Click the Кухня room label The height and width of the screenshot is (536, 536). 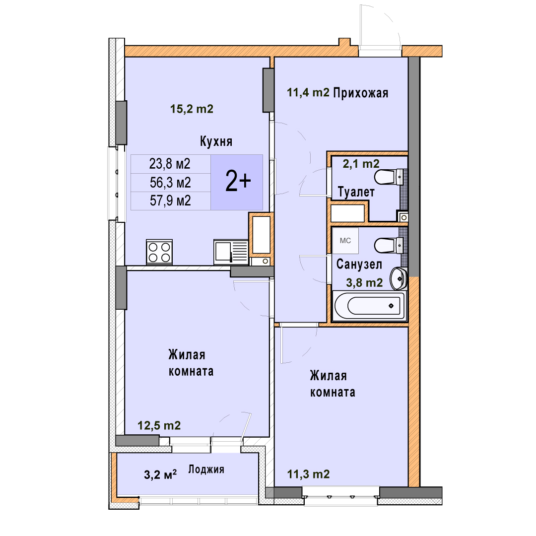pos(216,141)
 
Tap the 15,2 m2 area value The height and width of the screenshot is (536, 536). pos(192,109)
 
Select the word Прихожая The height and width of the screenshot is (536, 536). pos(361,93)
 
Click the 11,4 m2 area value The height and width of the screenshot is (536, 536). pos(308,92)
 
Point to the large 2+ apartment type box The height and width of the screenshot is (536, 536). pos(237,182)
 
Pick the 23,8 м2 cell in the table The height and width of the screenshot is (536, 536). pos(170,164)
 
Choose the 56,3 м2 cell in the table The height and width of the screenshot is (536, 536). pos(170,183)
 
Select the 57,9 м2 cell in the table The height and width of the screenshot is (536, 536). pos(170,201)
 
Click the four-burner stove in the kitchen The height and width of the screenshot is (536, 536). pos(159,252)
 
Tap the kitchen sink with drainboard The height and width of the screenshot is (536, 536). pos(231,252)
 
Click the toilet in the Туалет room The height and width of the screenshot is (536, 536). pos(389,177)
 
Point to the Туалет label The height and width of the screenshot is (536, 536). pos(356,192)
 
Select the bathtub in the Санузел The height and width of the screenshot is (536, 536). pos(369,306)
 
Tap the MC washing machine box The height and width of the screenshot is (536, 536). pos(345,241)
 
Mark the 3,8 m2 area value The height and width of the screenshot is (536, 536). pos(364,283)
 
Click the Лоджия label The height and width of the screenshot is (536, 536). pos(206,469)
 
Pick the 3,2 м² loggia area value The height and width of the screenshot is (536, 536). pos(160,474)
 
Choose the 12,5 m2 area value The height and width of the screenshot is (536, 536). pos(159,425)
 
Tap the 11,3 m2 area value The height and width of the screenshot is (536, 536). pos(308,474)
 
